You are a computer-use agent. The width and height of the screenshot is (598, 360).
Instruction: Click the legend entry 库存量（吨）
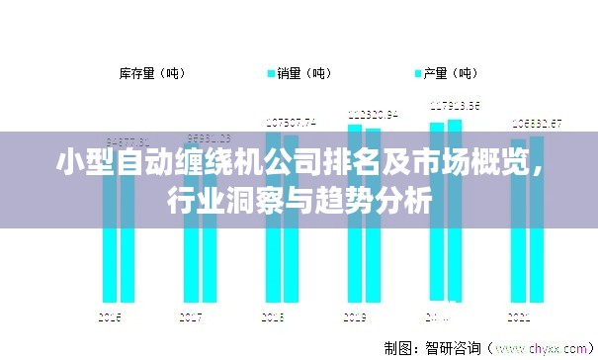click(150, 73)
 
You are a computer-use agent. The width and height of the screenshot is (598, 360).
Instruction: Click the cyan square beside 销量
click(271, 73)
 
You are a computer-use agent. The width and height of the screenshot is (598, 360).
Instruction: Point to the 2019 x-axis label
click(355, 317)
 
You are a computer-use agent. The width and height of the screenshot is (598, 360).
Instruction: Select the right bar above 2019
click(373, 247)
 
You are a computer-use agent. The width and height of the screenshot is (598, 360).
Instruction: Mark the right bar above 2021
click(536, 247)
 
